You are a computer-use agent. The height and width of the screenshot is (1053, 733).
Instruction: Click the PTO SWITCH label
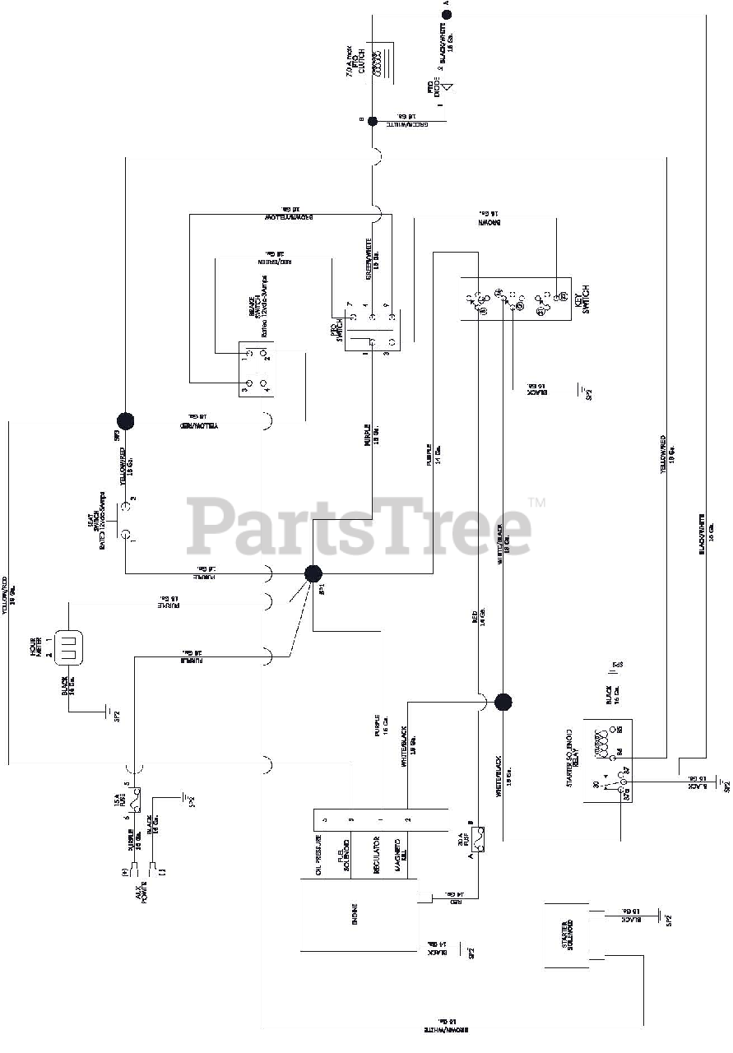[x=338, y=331]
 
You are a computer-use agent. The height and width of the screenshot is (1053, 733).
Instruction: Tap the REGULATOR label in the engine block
[x=377, y=856]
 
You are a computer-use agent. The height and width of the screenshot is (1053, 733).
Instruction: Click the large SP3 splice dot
[x=124, y=421]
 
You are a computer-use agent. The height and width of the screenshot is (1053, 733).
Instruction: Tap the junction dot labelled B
[x=373, y=121]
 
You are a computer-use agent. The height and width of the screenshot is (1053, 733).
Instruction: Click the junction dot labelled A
[x=447, y=14]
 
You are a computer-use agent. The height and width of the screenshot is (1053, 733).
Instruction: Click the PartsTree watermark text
[x=359, y=526]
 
